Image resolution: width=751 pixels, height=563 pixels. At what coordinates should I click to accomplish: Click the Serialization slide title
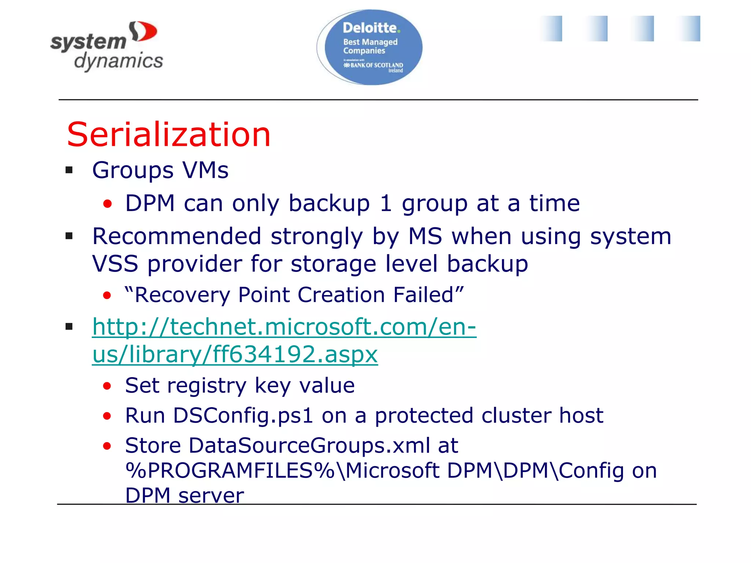(x=169, y=135)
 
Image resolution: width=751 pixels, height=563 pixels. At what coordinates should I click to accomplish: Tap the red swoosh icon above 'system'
(x=143, y=32)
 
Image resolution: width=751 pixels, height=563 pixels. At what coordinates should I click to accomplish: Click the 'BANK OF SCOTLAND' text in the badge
(x=376, y=65)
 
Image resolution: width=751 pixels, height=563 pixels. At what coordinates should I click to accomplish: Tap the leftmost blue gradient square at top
(x=550, y=29)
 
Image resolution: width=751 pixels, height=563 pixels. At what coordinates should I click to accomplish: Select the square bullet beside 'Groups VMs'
(x=69, y=170)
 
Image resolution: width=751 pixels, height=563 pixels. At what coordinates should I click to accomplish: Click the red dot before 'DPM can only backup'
(x=107, y=204)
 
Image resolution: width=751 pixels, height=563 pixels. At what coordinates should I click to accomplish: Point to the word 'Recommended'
(x=177, y=236)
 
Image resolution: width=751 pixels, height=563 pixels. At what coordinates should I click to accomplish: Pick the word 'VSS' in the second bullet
(x=115, y=264)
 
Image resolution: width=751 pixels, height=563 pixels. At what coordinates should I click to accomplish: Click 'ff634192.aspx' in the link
(x=295, y=354)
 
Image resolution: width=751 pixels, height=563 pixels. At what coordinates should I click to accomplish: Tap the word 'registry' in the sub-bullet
(x=207, y=386)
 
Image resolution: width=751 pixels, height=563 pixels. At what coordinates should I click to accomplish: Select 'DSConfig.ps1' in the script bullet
(x=243, y=416)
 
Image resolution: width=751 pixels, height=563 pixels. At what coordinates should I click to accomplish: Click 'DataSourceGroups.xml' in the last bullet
(x=309, y=445)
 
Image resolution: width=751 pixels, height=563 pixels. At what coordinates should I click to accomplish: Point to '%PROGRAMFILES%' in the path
(x=230, y=471)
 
